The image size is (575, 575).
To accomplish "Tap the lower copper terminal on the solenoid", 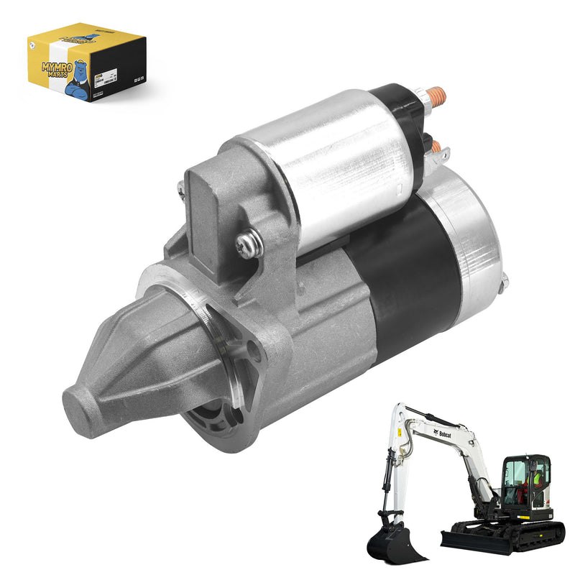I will point(435,146).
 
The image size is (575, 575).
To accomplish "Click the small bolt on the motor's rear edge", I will point(505,282).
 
